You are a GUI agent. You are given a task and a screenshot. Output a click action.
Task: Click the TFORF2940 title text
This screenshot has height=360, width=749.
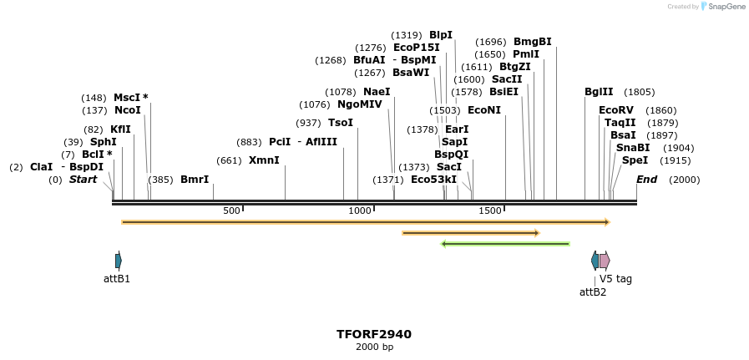pyautogui.click(x=373, y=334)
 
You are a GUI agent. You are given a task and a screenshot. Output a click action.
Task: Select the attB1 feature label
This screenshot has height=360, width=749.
pyautogui.click(x=116, y=279)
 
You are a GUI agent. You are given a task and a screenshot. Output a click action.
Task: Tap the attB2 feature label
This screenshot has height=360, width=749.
pyautogui.click(x=593, y=292)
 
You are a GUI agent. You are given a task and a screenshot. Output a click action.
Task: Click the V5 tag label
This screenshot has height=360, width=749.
pyautogui.click(x=615, y=279)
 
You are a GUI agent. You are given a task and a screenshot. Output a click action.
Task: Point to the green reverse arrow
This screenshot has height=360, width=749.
pyautogui.click(x=505, y=244)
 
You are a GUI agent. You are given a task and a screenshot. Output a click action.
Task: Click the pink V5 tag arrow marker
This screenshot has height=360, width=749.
pyautogui.click(x=605, y=261)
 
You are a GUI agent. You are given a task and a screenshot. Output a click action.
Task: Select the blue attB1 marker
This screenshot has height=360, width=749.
pyautogui.click(x=119, y=261)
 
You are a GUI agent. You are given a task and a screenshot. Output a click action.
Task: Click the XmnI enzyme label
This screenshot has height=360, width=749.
pyautogui.click(x=264, y=160)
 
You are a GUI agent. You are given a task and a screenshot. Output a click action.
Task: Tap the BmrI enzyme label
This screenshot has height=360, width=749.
pyautogui.click(x=195, y=180)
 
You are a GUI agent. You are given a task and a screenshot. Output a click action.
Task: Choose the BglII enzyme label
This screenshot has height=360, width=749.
pyautogui.click(x=599, y=92)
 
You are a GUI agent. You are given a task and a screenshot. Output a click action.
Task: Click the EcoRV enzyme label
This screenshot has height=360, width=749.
pyautogui.click(x=615, y=110)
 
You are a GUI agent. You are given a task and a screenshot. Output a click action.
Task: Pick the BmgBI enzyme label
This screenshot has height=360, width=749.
pyautogui.click(x=532, y=42)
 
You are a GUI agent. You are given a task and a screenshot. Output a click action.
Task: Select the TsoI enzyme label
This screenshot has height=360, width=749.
pyautogui.click(x=340, y=123)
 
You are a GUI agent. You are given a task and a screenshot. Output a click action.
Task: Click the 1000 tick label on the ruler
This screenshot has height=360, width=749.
pyautogui.click(x=360, y=210)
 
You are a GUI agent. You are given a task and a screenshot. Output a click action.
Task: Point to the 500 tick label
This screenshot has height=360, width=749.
pyautogui.click(x=231, y=210)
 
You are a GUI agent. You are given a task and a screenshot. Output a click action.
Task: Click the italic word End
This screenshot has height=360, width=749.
pyautogui.click(x=646, y=180)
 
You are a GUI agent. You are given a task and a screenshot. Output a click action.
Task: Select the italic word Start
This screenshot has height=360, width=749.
pyautogui.click(x=83, y=180)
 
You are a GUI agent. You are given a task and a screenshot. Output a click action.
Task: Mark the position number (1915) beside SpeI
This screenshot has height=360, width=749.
pyautogui.click(x=676, y=160)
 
